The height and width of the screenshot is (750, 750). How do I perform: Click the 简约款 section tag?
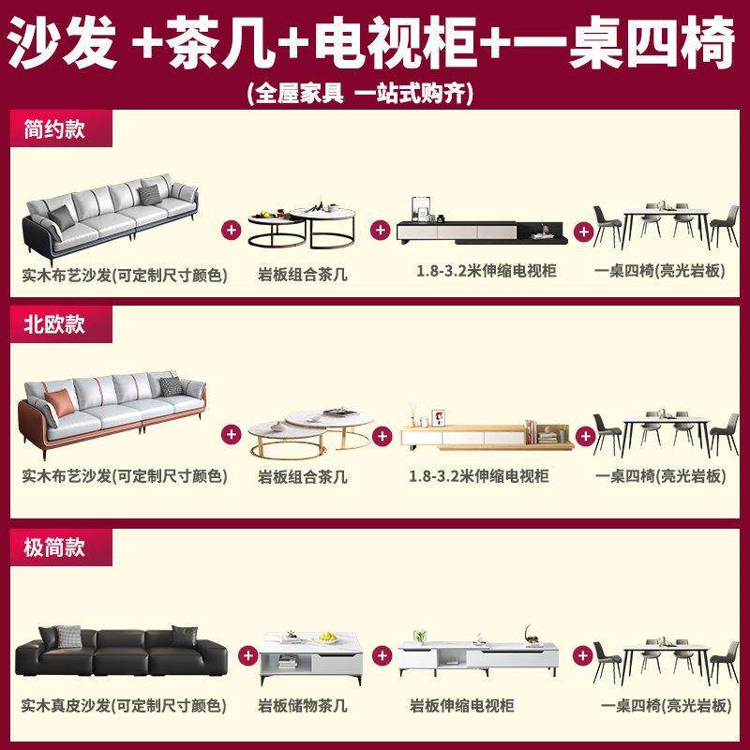(x=54, y=128)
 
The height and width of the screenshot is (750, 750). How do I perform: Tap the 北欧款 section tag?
(x=54, y=324)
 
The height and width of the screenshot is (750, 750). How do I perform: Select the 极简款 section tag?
(x=54, y=547)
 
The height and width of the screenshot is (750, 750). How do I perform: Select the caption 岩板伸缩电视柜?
(x=461, y=706)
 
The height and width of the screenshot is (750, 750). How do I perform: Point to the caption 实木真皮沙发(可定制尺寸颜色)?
(x=125, y=706)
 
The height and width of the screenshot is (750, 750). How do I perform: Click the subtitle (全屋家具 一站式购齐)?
(x=360, y=93)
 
